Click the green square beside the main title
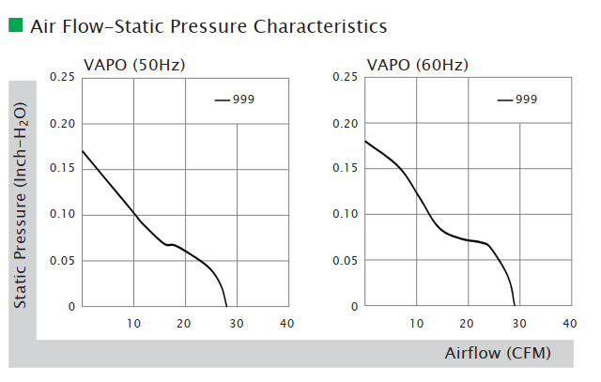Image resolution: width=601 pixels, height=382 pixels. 16,24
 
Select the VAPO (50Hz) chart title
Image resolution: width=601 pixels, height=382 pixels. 131,66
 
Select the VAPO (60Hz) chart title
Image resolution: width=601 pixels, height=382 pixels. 417,66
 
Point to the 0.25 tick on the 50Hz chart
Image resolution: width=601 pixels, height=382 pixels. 63,78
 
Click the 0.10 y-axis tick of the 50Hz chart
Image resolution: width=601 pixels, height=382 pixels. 63,215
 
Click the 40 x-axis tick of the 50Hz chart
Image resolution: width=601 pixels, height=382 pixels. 287,323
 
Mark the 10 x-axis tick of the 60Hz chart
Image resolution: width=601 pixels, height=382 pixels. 416,323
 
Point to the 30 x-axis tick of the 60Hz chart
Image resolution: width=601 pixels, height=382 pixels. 518,323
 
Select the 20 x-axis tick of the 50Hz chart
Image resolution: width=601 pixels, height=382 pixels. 185,323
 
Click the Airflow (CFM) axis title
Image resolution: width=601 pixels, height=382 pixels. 498,353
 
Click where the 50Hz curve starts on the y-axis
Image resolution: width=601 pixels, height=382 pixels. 83,150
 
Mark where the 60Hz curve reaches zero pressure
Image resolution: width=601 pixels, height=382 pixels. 515,306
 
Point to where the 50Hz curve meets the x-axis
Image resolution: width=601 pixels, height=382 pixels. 226,306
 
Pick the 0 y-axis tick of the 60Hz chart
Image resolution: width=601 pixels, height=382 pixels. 354,306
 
